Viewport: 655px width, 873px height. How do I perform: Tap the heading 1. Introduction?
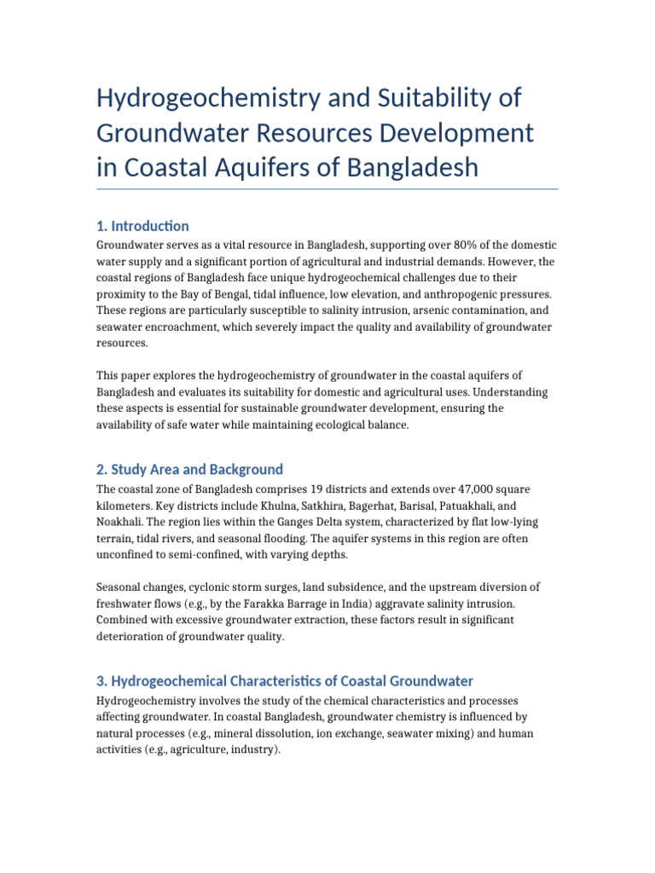click(142, 226)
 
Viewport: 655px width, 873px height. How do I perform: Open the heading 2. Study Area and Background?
click(188, 470)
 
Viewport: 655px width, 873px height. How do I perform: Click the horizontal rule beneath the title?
click(327, 189)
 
